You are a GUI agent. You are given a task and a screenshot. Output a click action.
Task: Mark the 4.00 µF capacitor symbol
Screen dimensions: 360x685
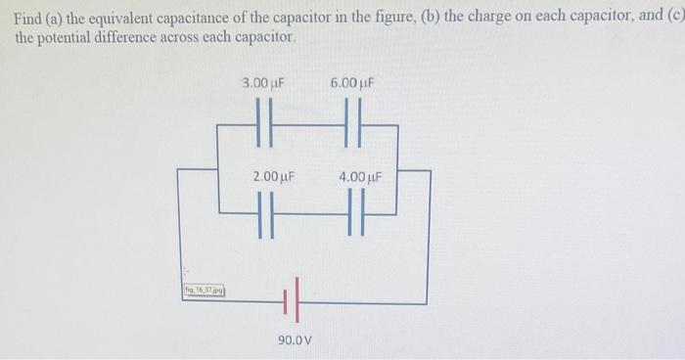(x=354, y=212)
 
